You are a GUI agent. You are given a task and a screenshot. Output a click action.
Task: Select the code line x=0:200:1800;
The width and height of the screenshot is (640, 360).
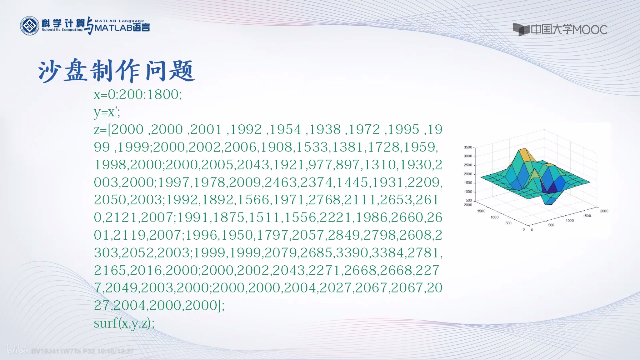[138, 94]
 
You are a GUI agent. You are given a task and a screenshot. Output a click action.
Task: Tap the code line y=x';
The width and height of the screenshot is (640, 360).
[107, 112]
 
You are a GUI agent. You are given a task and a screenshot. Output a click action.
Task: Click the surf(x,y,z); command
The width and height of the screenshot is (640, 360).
[124, 323]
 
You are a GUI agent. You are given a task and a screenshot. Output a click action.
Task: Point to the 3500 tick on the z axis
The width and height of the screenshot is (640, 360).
[468, 147]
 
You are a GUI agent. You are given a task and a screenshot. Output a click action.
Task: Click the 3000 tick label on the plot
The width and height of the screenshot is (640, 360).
[468, 156]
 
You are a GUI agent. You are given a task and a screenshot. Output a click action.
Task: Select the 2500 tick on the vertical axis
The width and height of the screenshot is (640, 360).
[468, 165]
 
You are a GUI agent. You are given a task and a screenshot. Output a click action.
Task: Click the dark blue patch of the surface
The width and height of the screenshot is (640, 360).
[552, 187]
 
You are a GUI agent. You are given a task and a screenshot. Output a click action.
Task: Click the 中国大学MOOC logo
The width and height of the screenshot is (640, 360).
[560, 30]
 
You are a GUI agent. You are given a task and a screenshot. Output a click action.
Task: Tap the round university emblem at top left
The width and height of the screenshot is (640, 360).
[30, 26]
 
